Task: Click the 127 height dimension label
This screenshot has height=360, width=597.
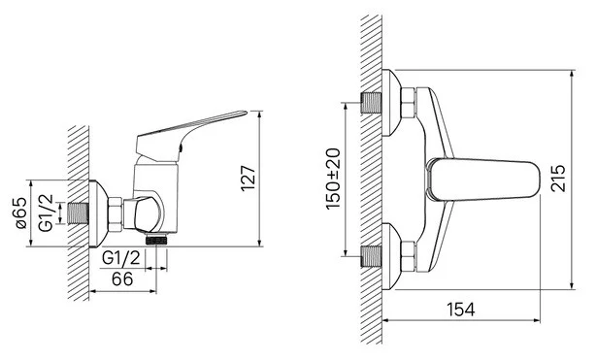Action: pyautogui.click(x=248, y=179)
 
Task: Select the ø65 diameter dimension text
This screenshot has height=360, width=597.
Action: pyautogui.click(x=21, y=213)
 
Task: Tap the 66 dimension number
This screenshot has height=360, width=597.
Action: pyautogui.click(x=122, y=279)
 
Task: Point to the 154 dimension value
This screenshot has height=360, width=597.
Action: pyautogui.click(x=461, y=310)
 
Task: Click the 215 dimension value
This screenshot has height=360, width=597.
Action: pyautogui.click(x=558, y=179)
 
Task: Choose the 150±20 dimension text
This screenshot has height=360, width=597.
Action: pyautogui.click(x=333, y=179)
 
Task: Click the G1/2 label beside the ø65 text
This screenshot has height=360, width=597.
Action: pyautogui.click(x=46, y=213)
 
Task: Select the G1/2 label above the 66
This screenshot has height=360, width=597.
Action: pyautogui.click(x=121, y=258)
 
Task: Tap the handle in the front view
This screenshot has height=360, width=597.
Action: pyautogui.click(x=483, y=179)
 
